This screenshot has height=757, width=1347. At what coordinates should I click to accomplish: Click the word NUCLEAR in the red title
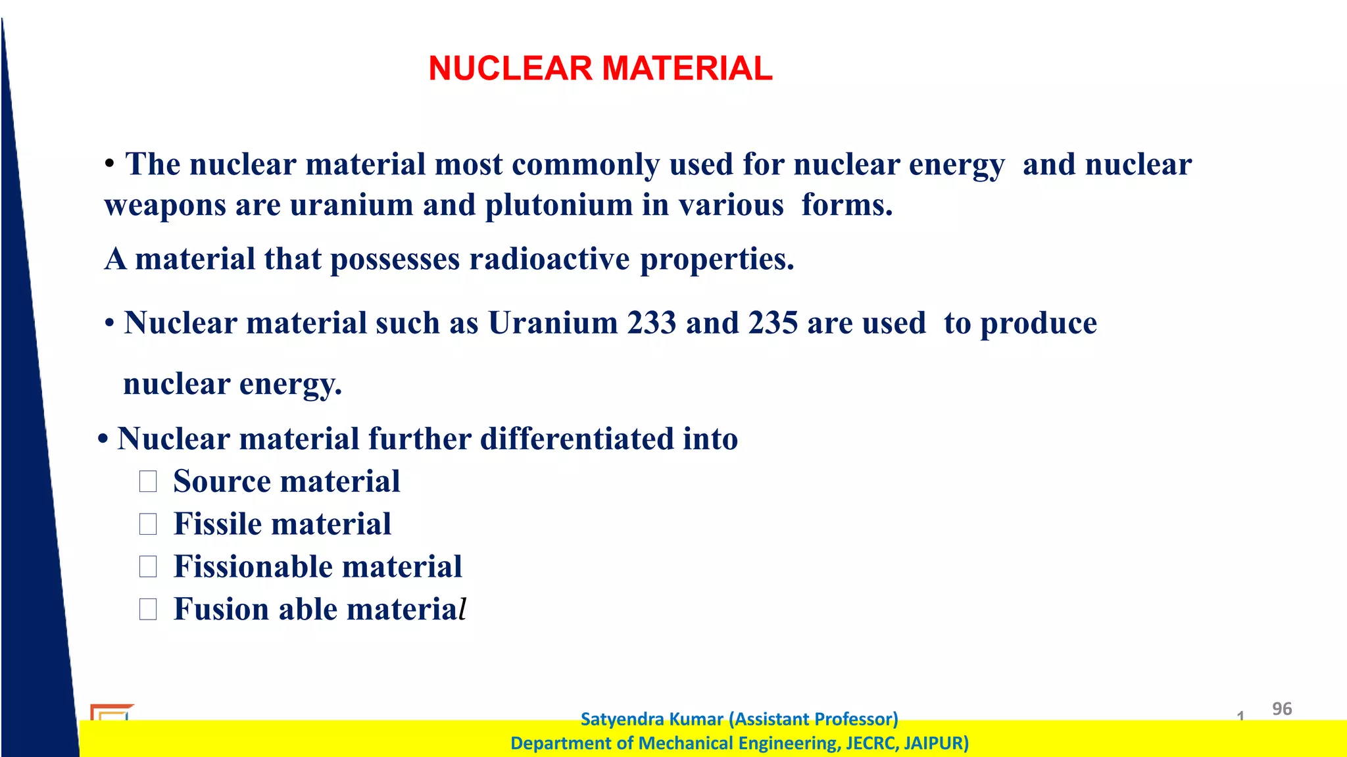point(510,68)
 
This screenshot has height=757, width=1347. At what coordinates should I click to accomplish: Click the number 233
point(651,323)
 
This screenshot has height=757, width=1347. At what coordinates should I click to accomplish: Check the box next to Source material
point(148,481)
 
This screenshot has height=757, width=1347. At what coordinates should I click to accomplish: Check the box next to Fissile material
point(148,524)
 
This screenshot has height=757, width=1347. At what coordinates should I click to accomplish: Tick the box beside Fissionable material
point(148,566)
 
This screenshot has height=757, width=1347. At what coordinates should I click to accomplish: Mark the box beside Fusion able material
point(148,609)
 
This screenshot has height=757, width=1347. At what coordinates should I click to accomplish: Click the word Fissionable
point(253,566)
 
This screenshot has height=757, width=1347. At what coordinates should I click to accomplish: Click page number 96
point(1281,708)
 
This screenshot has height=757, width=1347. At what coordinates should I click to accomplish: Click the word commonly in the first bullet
point(585,164)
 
